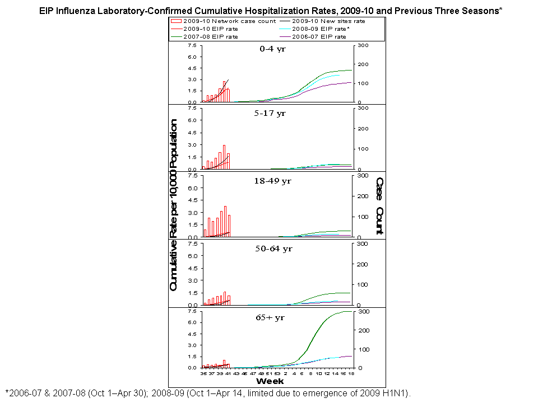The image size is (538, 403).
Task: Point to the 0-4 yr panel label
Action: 273,49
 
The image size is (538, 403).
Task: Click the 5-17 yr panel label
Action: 273,113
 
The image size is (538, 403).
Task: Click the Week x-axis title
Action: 270,381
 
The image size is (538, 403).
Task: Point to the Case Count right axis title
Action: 379,205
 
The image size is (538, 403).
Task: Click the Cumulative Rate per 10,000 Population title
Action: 174,205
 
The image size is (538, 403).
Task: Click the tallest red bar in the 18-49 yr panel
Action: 225,222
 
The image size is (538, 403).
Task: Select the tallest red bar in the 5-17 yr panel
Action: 224,157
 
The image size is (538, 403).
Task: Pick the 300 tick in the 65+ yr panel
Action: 363,311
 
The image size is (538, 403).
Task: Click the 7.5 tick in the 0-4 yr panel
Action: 192,45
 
